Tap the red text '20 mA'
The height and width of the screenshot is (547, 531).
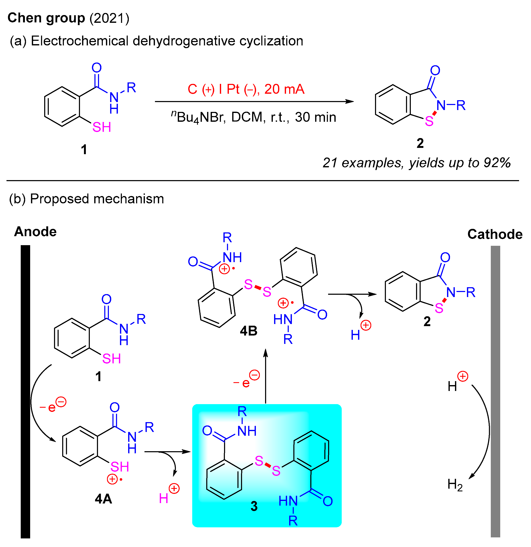(x=284, y=89)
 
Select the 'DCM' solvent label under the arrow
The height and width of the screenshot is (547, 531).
(x=247, y=117)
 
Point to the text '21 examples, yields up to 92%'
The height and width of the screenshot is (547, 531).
(x=416, y=162)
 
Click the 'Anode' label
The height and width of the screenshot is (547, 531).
(x=35, y=231)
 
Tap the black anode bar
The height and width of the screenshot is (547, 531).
(x=25, y=391)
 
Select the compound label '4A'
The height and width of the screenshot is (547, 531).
(x=103, y=499)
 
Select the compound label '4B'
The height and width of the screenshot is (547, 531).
(x=248, y=331)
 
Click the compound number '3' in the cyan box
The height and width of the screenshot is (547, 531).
(x=254, y=506)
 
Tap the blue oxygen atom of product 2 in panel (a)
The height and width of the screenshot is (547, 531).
(x=435, y=70)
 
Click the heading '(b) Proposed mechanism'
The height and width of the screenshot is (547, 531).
(x=87, y=199)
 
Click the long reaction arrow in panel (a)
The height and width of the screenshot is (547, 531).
(x=254, y=102)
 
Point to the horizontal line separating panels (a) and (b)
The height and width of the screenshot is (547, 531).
(x=263, y=181)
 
